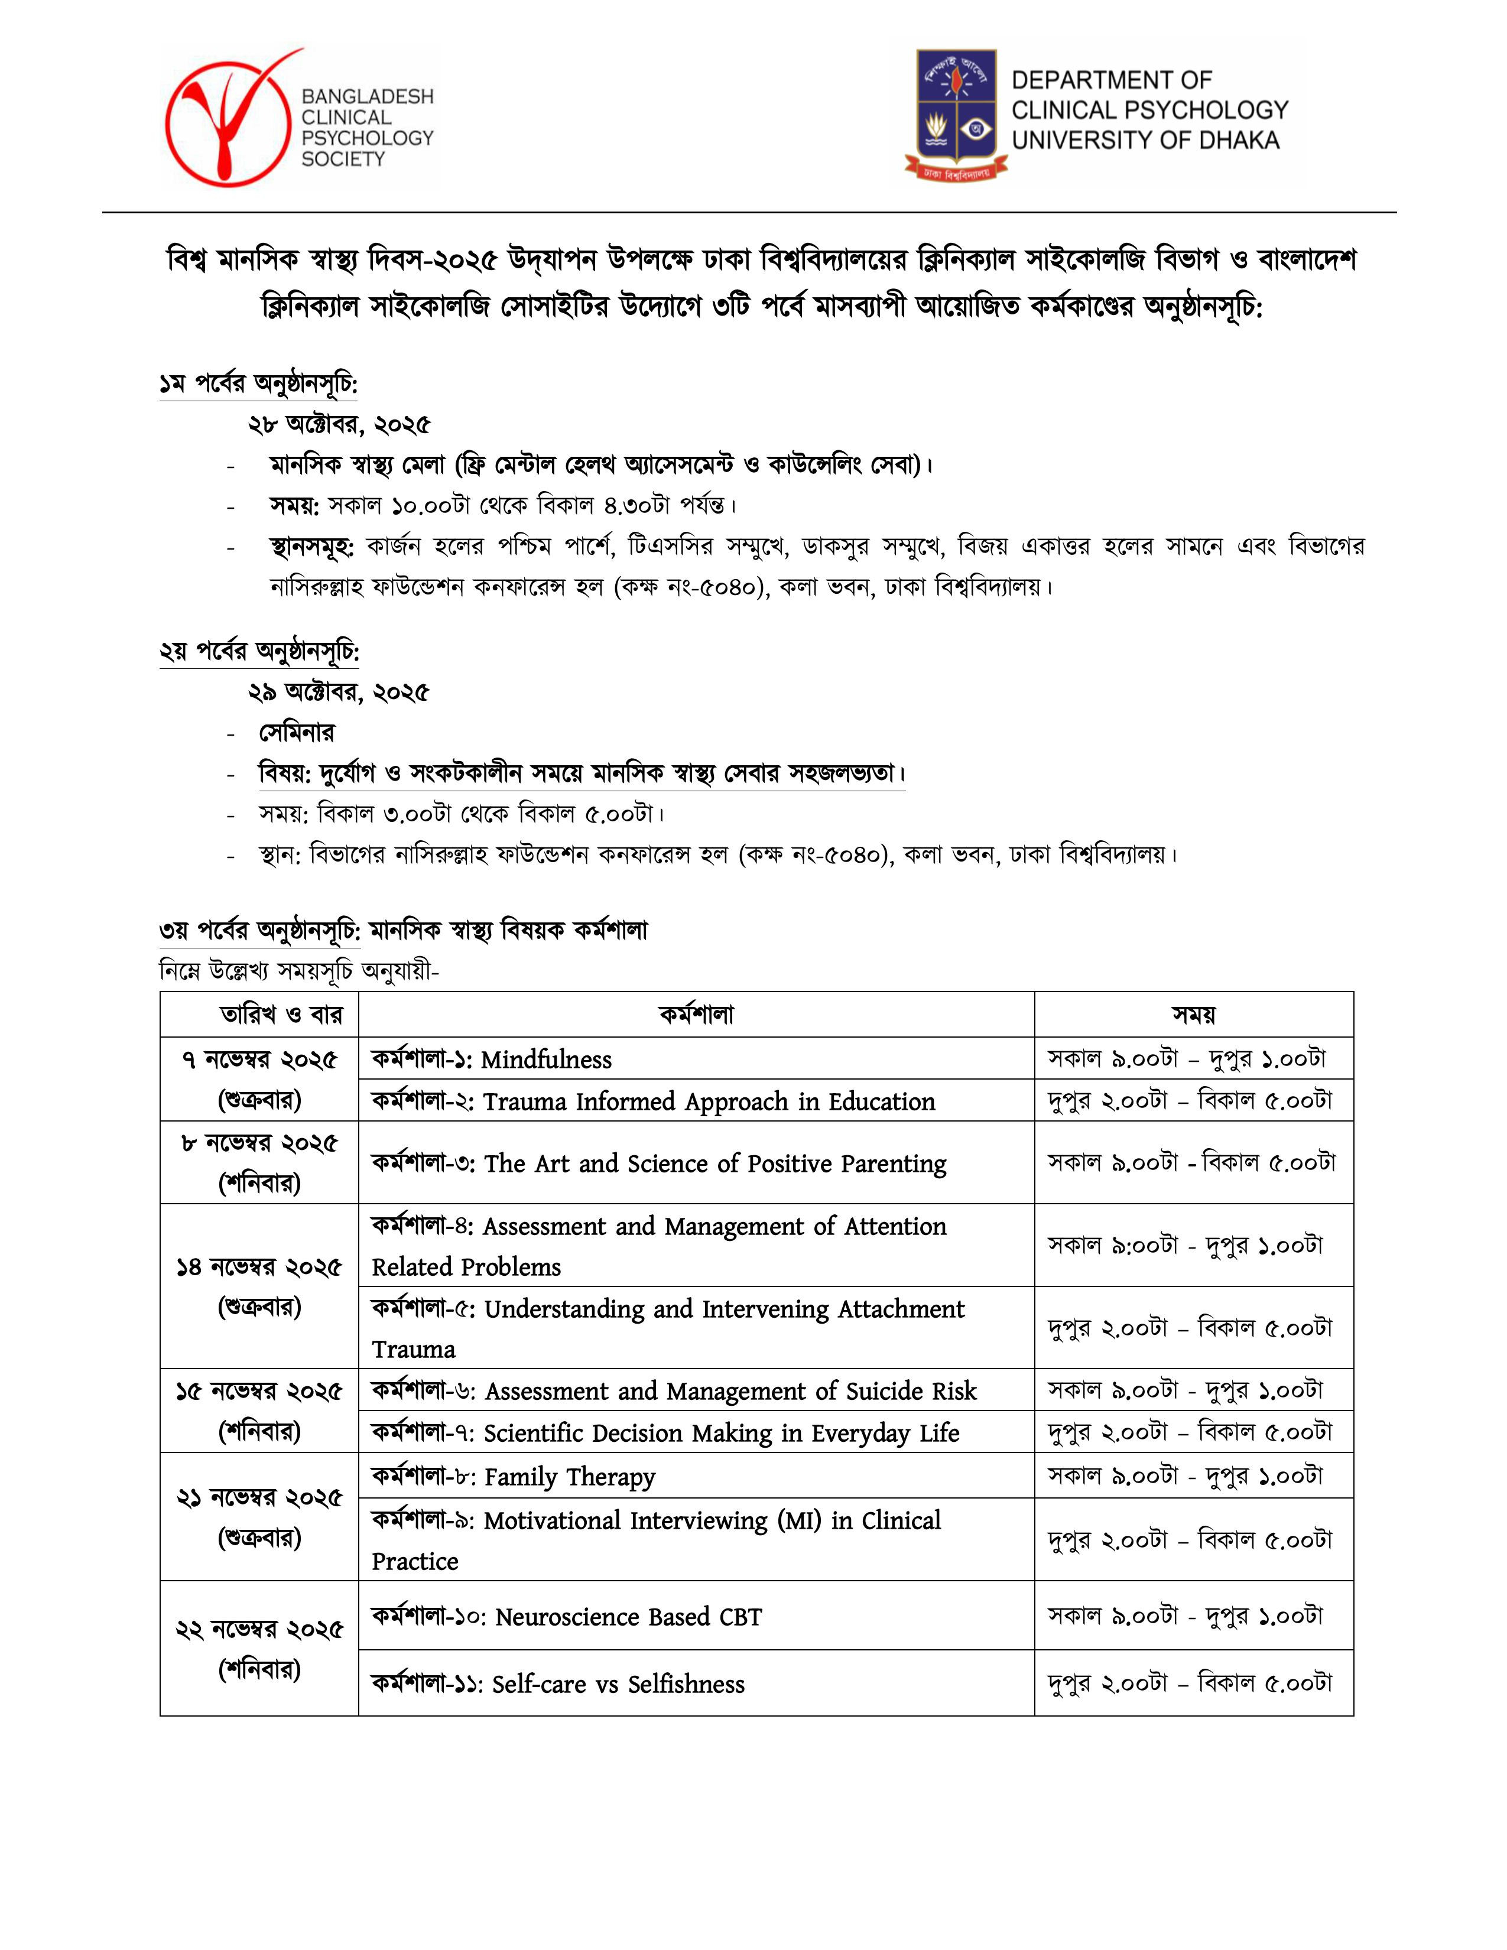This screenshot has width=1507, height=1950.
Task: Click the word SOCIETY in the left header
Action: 343,159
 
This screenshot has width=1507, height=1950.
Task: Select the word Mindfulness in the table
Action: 547,1060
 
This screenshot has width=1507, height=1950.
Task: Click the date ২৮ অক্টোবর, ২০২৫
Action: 339,424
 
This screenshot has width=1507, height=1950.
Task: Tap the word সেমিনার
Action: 297,733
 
